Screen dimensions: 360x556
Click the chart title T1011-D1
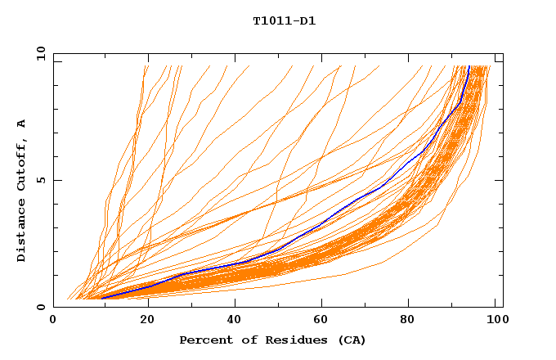coord(284,21)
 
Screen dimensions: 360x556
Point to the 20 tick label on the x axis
coord(147,320)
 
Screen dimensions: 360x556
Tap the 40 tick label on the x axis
coord(235,320)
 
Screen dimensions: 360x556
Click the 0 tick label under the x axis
coord(53,320)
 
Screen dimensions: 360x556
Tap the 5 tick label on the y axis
coord(41,180)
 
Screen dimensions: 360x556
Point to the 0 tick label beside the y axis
coord(41,307)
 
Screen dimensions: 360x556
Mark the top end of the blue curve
coord(469,67)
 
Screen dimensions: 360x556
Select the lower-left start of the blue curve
coord(102,298)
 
